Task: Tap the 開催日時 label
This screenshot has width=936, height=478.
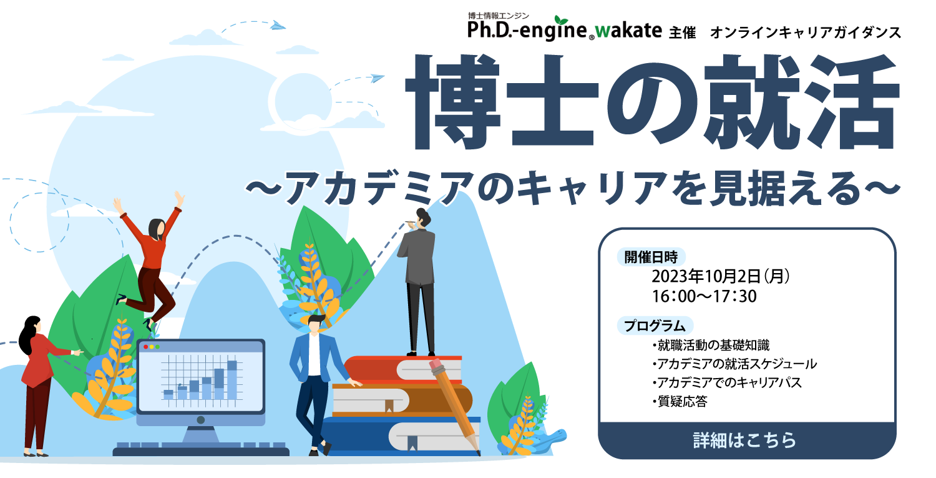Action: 651,257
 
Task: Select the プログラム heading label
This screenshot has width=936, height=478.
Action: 655,326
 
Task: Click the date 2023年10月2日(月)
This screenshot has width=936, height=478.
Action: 721,277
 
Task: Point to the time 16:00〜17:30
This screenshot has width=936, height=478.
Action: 704,296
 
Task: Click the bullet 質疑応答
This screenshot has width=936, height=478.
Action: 680,402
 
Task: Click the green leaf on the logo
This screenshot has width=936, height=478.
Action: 561,20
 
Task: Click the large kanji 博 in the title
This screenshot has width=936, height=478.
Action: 452,102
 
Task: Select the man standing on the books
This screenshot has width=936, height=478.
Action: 419,282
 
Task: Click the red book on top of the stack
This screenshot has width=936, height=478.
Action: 403,369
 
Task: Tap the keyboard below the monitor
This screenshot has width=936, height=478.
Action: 201,449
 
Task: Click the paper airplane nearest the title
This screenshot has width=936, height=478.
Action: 377,78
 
